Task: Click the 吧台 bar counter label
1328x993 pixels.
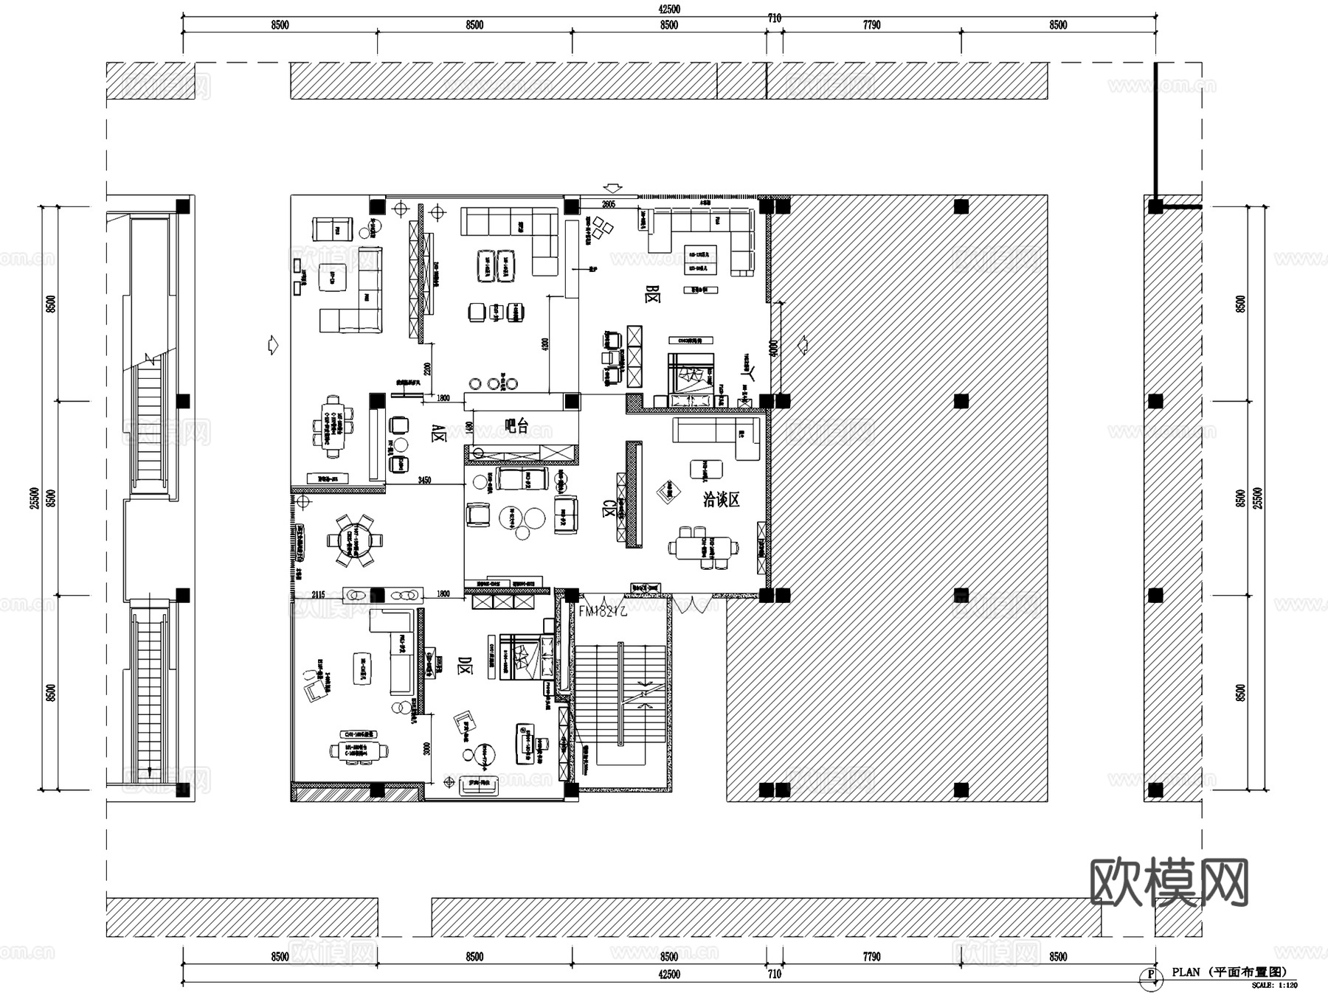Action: point(516,425)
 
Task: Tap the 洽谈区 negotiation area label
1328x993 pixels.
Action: point(721,499)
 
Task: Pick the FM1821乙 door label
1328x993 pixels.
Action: point(603,611)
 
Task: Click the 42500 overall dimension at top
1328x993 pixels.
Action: point(668,10)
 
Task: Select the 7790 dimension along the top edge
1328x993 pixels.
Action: point(871,25)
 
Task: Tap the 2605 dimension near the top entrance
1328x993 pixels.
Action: point(608,204)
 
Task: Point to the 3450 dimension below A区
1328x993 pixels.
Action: point(424,481)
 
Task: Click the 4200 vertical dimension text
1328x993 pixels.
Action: point(544,344)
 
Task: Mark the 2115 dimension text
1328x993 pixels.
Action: point(318,594)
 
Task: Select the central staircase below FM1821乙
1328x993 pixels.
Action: point(622,694)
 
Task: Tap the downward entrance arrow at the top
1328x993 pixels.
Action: point(613,188)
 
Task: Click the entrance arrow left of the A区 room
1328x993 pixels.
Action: point(272,344)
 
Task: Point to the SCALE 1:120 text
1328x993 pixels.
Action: point(1274,985)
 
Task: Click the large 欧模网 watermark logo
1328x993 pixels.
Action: point(1169,882)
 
